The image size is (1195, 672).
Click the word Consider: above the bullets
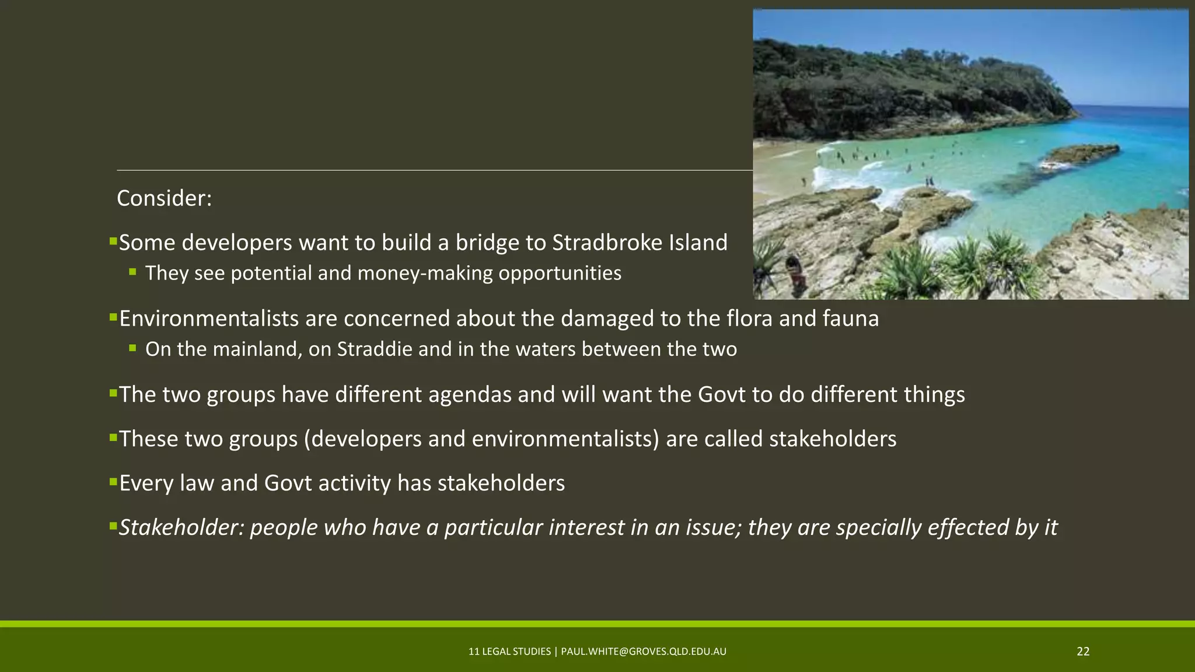pos(164,198)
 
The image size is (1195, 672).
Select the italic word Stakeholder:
pos(181,527)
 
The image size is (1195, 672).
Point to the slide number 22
pos(1083,652)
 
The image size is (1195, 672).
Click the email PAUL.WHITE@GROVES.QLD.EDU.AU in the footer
pos(644,652)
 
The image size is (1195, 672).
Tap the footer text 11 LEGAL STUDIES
pos(509,652)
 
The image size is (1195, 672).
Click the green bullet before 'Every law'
pos(113,482)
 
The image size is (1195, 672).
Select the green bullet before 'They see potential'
pos(133,272)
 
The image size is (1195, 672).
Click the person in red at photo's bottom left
pos(795,271)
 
